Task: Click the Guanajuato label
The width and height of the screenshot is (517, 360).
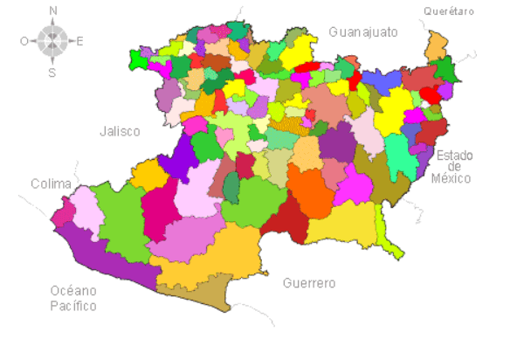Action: pyautogui.click(x=362, y=32)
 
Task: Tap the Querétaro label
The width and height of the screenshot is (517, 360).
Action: pyautogui.click(x=448, y=11)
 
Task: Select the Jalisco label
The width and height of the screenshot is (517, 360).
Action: pyautogui.click(x=120, y=131)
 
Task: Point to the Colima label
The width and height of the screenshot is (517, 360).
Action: pyautogui.click(x=51, y=183)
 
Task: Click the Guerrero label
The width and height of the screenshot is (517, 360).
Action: pyautogui.click(x=309, y=284)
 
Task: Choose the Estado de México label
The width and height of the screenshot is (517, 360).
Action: pyautogui.click(x=454, y=167)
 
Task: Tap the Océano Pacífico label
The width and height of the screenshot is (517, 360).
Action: pyautogui.click(x=73, y=298)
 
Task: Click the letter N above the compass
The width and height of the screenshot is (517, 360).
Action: pyautogui.click(x=53, y=11)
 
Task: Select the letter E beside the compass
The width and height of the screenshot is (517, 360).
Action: pyautogui.click(x=80, y=40)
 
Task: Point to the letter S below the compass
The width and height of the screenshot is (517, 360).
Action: pyautogui.click(x=52, y=73)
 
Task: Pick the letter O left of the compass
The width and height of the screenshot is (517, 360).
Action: pyautogui.click(x=24, y=40)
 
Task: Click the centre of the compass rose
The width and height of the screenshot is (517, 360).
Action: pyautogui.click(x=52, y=40)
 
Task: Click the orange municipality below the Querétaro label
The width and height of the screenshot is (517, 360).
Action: pyautogui.click(x=436, y=45)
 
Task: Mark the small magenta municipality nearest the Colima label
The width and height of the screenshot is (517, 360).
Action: pyautogui.click(x=63, y=212)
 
